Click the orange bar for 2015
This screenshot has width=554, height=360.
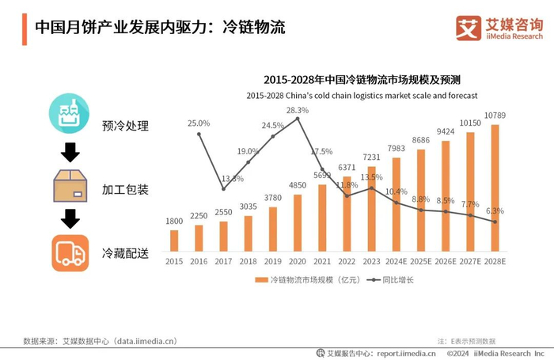pyautogui.click(x=174, y=240)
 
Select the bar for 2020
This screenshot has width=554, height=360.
pyautogui.click(x=298, y=222)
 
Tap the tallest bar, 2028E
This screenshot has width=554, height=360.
pyautogui.click(x=495, y=188)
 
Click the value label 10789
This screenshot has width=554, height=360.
pyautogui.click(x=495, y=116)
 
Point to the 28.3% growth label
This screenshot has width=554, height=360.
pyautogui.click(x=298, y=110)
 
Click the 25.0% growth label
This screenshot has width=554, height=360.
pyautogui.click(x=199, y=123)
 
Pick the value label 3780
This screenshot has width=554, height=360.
pyautogui.click(x=272, y=198)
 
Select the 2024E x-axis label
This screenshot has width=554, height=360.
pyautogui.click(x=397, y=260)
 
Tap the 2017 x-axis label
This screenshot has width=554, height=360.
pyautogui.click(x=223, y=260)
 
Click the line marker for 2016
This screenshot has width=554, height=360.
pyautogui.click(x=199, y=134)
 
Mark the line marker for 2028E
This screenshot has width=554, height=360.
pyautogui.click(x=495, y=222)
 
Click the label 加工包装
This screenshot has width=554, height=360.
pyautogui.click(x=125, y=190)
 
